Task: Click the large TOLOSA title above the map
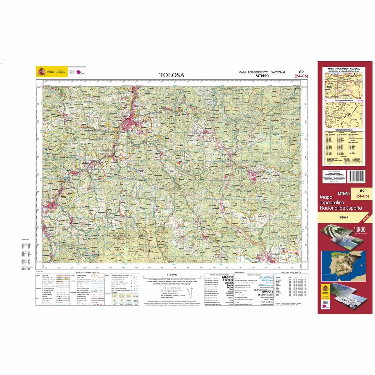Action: (172, 75)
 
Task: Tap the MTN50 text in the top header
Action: (262, 75)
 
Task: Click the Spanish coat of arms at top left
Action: (41, 72)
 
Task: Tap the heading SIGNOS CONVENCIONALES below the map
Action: (87, 272)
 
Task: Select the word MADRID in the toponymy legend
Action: (227, 277)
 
